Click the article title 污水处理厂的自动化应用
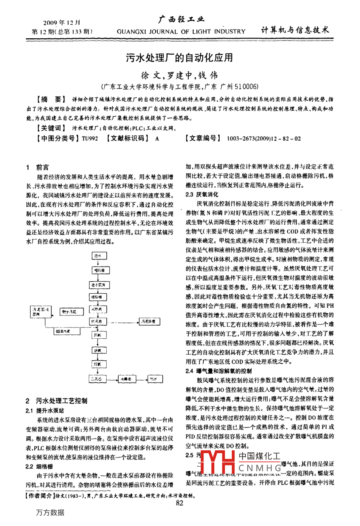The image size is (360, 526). pyautogui.click(x=180, y=58)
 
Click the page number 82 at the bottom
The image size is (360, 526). pyautogui.click(x=179, y=503)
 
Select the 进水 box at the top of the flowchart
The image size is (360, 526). pyautogui.click(x=98, y=256)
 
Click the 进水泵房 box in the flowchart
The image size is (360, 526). pyautogui.click(x=98, y=285)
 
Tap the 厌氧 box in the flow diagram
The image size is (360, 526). pyautogui.click(x=98, y=336)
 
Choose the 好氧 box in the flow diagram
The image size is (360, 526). pyautogui.click(x=98, y=364)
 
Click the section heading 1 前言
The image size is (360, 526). pyautogui.click(x=37, y=167)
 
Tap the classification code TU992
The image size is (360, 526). pyautogui.click(x=90, y=139)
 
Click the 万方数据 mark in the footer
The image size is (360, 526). pyautogui.click(x=50, y=512)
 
